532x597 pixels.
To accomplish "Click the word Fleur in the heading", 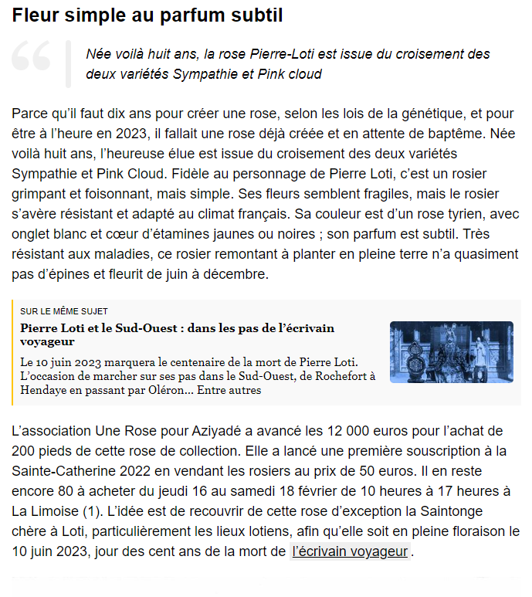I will pyautogui.click(x=35, y=15).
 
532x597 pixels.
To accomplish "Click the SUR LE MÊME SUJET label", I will pyautogui.click(x=64, y=311).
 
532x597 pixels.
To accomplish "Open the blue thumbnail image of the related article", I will pyautogui.click(x=451, y=351).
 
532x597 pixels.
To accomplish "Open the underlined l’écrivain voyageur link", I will pyautogui.click(x=350, y=551).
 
